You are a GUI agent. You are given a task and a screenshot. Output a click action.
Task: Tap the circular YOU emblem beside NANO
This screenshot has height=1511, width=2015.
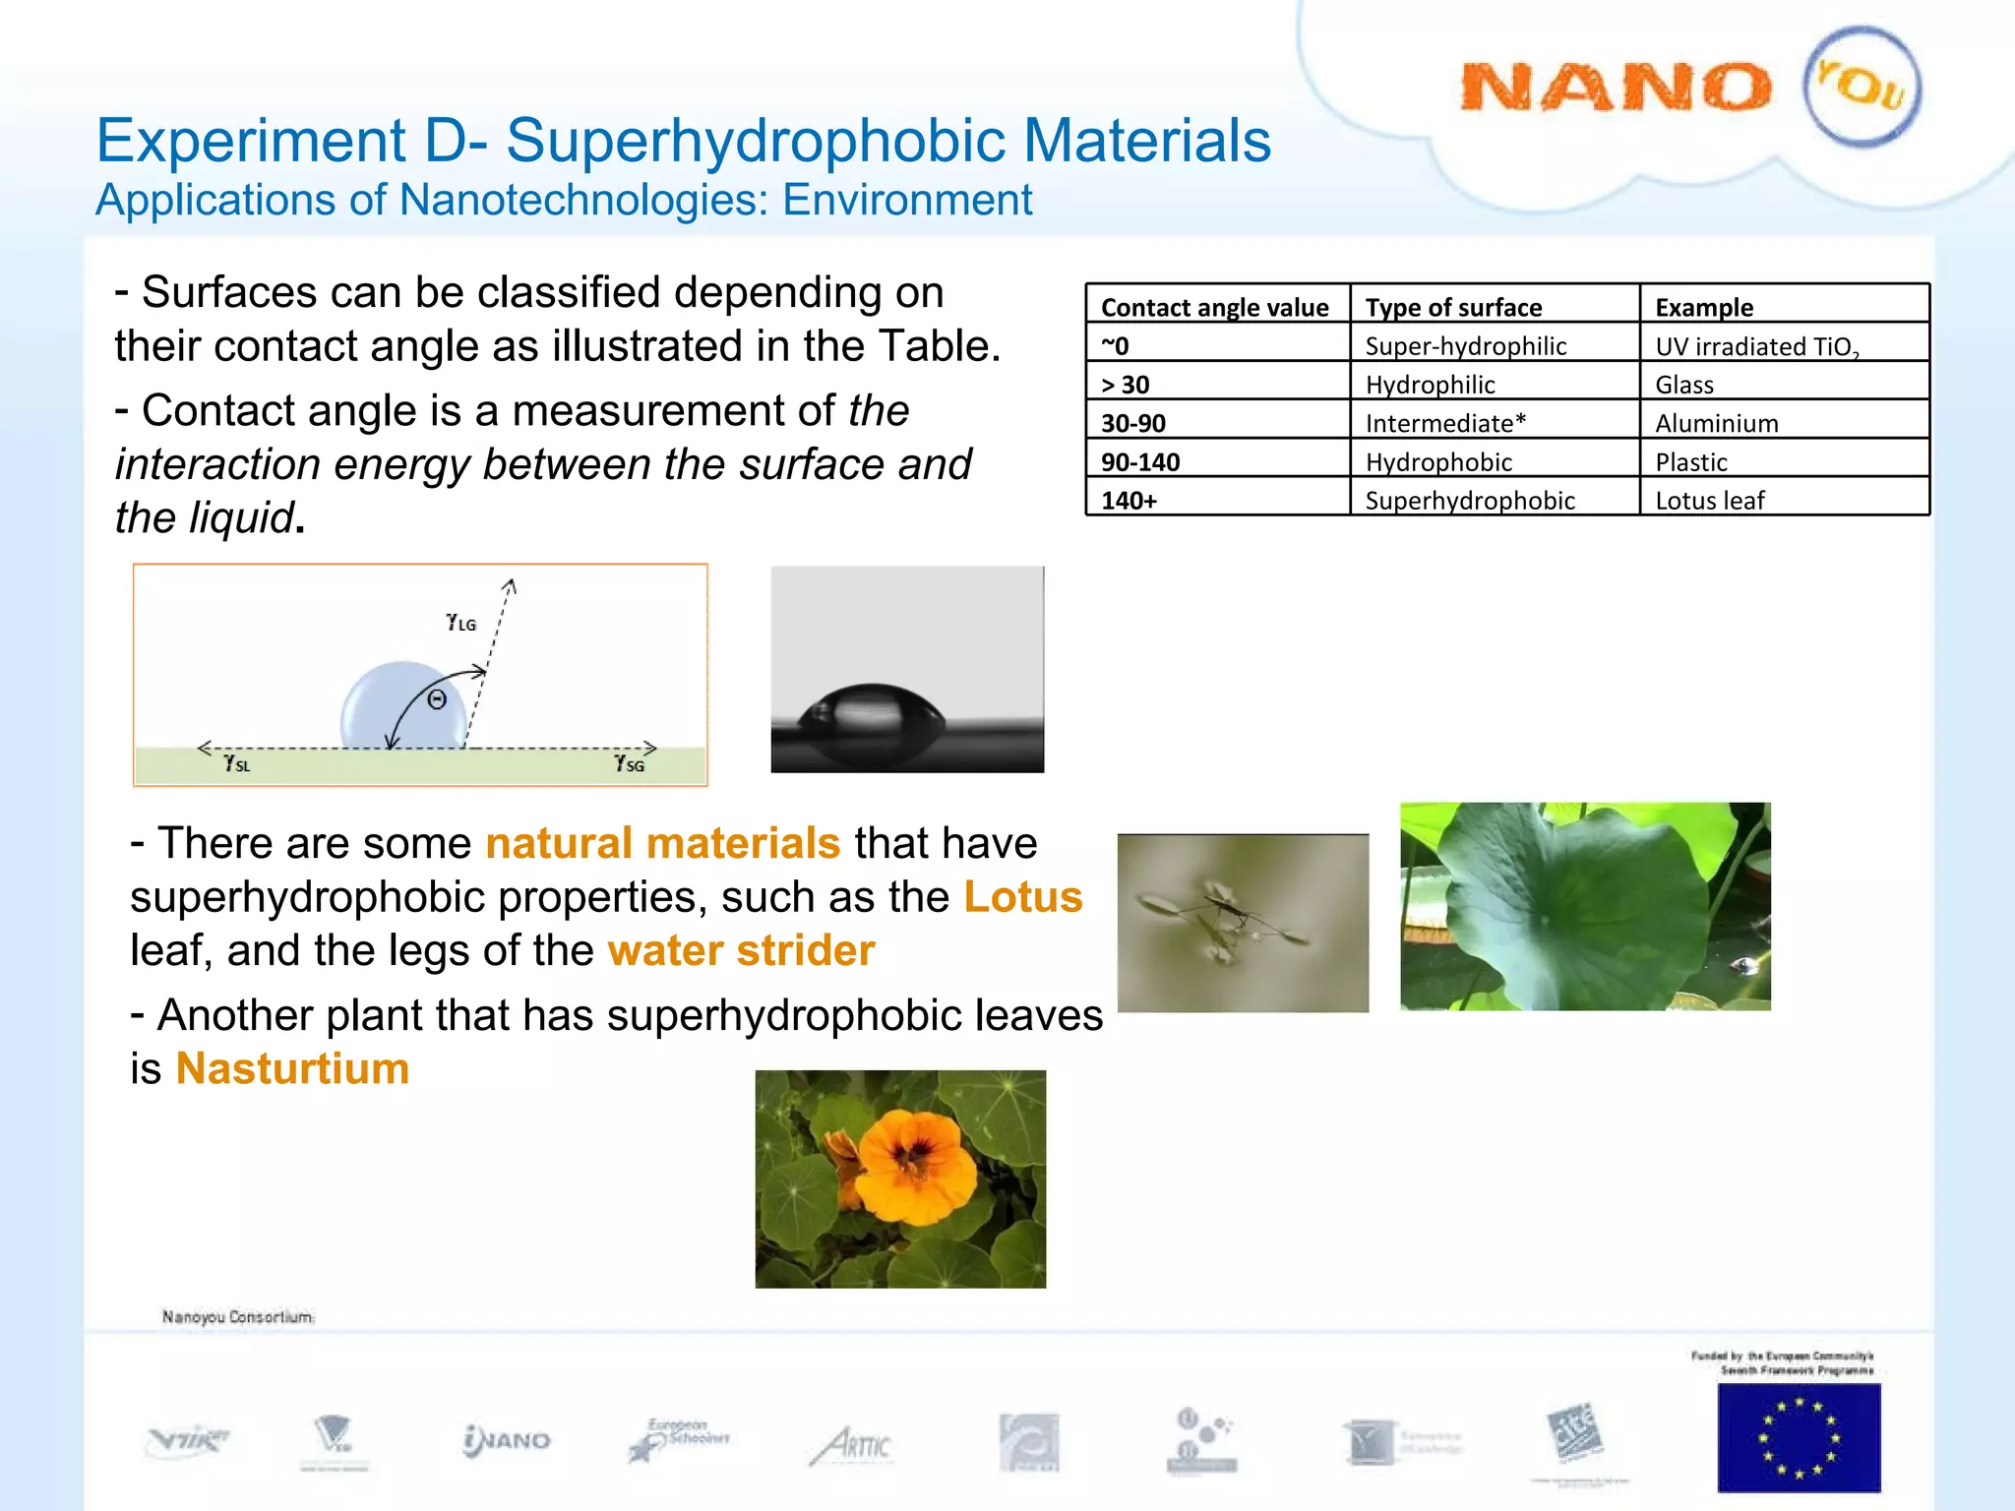coord(1861,87)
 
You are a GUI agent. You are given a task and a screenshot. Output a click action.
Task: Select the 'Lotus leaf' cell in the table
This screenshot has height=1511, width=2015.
coord(1710,500)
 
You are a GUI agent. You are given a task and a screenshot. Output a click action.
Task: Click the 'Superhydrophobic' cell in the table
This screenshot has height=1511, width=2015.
coord(1470,500)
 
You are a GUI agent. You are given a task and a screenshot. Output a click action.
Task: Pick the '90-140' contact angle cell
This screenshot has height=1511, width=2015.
coord(1140,461)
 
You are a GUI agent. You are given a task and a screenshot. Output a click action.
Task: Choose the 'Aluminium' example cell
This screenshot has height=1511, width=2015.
coord(1717,423)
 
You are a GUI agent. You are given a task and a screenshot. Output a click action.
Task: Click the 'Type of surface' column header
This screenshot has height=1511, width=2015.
coord(1453,307)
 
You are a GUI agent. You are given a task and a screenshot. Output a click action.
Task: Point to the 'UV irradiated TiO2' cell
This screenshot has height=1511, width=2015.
coord(1757,346)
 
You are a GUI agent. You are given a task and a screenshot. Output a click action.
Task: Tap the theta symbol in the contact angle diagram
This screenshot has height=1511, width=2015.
coord(437,699)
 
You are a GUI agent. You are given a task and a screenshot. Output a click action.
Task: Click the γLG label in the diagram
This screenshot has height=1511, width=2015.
coord(460,622)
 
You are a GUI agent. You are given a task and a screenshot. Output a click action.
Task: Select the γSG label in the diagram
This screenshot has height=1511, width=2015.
coord(629,763)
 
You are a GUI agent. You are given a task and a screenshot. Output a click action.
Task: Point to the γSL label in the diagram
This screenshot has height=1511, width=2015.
coord(237,763)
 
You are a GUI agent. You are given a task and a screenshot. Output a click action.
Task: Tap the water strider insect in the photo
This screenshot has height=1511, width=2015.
coord(1230,913)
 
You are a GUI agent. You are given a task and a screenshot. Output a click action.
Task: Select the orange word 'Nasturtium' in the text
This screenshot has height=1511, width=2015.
coord(292,1068)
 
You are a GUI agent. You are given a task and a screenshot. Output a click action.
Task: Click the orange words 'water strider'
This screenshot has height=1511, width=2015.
coord(741,950)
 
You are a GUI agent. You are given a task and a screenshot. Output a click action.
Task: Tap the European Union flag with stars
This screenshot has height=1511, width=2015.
coord(1799,1437)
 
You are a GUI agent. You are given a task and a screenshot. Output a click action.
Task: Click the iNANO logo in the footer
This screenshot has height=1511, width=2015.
coord(507,1441)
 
